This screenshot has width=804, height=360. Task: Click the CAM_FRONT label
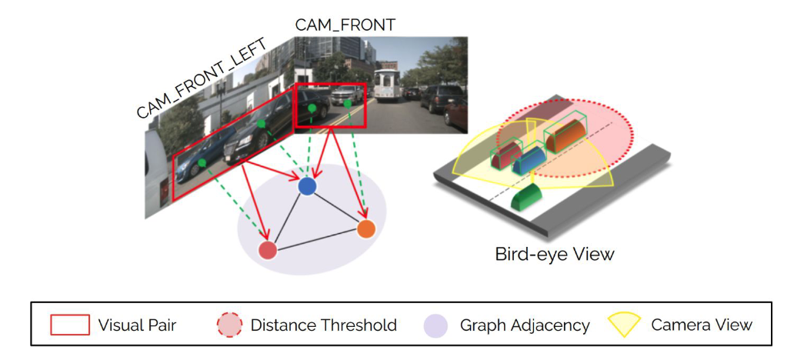click(345, 25)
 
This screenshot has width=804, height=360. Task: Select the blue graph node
click(307, 186)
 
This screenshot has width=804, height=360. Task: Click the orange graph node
click(366, 228)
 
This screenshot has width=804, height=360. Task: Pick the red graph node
click(268, 250)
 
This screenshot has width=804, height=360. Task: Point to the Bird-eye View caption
click(554, 254)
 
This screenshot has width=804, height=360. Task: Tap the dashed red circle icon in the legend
click(230, 325)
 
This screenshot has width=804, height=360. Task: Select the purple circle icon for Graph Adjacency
click(435, 325)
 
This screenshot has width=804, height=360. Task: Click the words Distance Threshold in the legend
click(323, 325)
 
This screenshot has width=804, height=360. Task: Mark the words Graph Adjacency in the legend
click(524, 325)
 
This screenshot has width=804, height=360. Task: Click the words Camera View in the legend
click(701, 325)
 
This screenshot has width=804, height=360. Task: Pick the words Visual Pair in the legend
click(137, 325)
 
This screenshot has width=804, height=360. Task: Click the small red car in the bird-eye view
click(505, 157)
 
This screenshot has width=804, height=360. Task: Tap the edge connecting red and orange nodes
click(317, 239)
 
